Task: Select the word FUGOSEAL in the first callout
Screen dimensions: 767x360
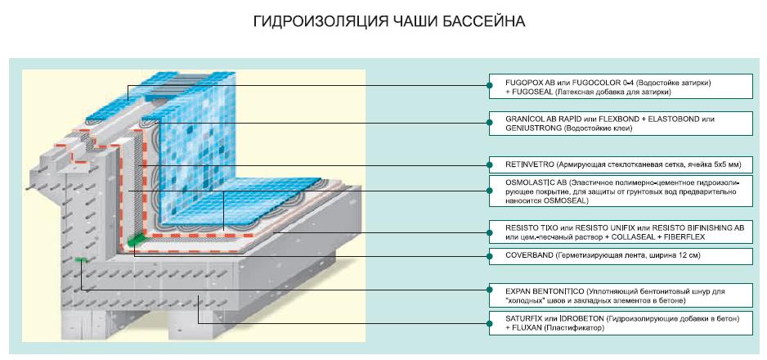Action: point(531,92)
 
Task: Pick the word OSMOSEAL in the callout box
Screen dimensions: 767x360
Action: point(570,200)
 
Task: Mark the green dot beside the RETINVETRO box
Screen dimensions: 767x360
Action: point(489,165)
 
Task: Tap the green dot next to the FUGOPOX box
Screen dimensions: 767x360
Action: point(489,86)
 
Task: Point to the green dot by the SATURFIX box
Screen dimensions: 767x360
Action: point(489,323)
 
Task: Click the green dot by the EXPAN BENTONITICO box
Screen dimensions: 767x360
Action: point(489,290)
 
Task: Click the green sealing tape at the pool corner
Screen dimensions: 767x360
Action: point(136,239)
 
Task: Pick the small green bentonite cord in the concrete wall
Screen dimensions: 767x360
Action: point(81,259)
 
